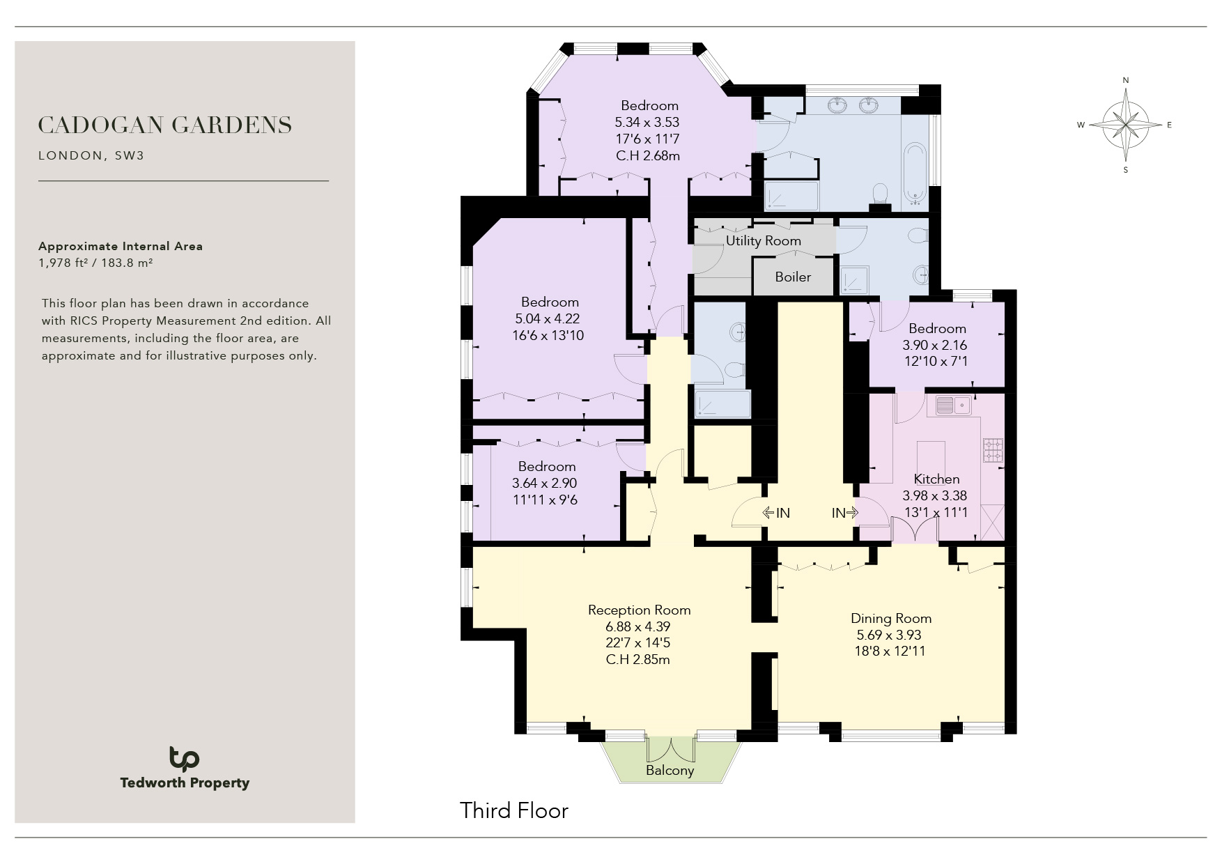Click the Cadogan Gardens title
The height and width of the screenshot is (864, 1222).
tap(165, 125)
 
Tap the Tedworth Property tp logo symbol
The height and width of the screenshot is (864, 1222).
tap(184, 758)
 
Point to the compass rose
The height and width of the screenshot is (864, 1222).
tap(1125, 125)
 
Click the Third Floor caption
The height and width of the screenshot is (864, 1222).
tap(514, 810)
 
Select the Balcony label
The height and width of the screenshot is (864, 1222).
tap(670, 770)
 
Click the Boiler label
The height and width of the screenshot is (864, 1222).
tap(793, 277)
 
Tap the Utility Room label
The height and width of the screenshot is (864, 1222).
tap(764, 240)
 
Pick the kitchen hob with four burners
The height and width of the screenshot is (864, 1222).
tap(993, 450)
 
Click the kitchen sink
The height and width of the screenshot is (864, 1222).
tap(954, 405)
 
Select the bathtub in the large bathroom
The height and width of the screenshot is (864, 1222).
tap(915, 175)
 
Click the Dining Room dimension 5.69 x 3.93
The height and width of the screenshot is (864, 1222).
tap(889, 635)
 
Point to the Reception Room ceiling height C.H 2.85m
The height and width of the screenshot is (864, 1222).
tap(638, 659)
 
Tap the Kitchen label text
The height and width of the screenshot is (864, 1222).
tap(936, 479)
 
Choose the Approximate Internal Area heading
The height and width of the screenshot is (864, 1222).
tap(121, 246)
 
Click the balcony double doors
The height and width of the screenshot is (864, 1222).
tap(670, 748)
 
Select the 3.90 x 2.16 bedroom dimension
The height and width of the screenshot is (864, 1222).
tap(935, 345)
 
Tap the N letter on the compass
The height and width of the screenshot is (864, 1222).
tap(1126, 81)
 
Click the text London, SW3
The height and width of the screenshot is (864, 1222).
tap(91, 155)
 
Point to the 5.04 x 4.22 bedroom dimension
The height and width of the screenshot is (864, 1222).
tap(548, 318)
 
